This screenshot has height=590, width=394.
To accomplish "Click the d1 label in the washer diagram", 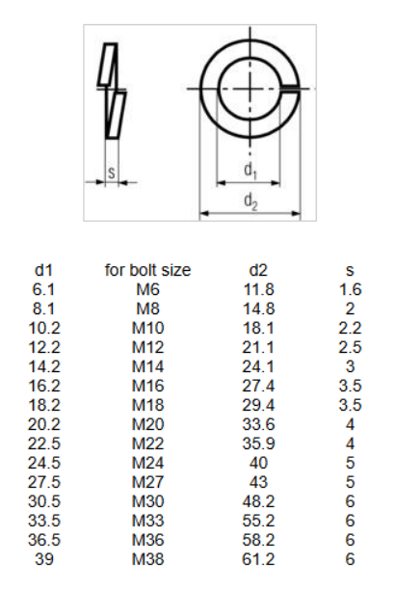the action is (250, 171).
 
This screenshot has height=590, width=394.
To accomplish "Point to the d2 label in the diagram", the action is (250, 201).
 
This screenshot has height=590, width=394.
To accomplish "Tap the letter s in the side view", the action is (112, 173).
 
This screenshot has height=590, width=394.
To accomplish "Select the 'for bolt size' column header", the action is (147, 270).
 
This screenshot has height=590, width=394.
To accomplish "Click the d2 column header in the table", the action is (258, 270).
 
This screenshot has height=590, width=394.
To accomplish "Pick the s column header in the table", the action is (350, 271).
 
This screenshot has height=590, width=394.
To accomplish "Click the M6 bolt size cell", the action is (147, 289).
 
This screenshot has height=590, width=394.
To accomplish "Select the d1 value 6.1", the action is (43, 289).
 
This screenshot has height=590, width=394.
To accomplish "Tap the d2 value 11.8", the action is (259, 289).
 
